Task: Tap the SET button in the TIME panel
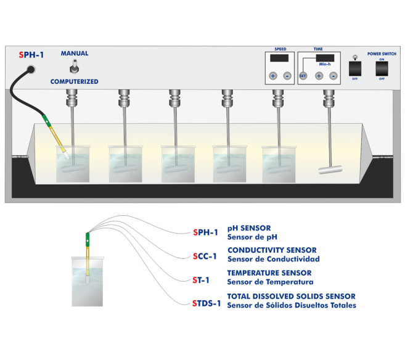pos(303,76)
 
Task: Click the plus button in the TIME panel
pos(319,76)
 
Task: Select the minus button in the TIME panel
pos(333,76)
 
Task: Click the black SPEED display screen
pos(279,59)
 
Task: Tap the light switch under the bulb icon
pos(354,68)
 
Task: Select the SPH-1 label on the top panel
pos(32,54)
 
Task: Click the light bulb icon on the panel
pos(354,54)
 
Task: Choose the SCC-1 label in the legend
pos(206,256)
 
